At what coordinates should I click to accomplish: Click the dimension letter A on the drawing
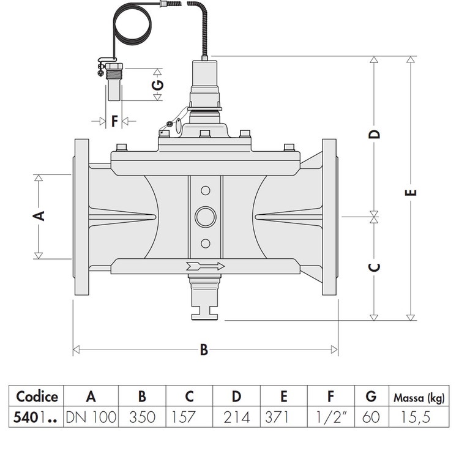[x=38, y=215]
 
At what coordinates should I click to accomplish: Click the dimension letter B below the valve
[x=204, y=350]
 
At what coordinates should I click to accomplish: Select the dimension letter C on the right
[x=376, y=267]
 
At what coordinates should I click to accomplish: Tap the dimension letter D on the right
[x=376, y=133]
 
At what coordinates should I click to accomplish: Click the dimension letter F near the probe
[x=114, y=121]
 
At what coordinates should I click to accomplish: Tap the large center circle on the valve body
[x=204, y=216]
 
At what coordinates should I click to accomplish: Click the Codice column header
[x=37, y=396]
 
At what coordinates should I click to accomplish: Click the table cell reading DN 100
[x=91, y=417]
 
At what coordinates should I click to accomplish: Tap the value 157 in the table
[x=184, y=417]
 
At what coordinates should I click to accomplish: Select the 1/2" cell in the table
[x=328, y=417]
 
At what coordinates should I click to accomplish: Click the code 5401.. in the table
[x=37, y=417]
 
